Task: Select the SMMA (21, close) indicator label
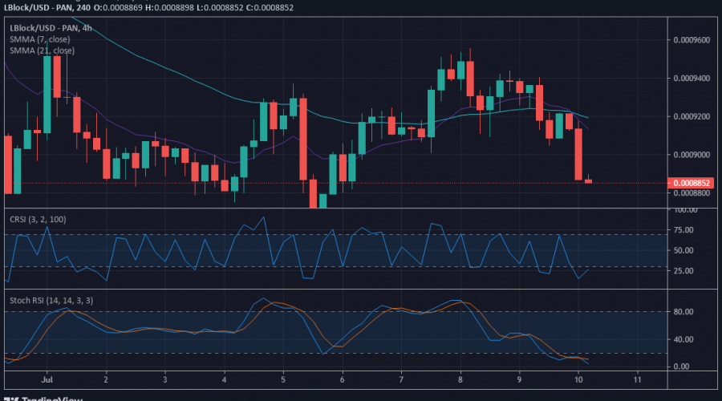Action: tap(41, 50)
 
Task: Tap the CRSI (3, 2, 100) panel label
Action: tap(38, 219)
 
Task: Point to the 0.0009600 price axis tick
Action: tap(691, 39)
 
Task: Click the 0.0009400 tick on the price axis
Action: tap(691, 78)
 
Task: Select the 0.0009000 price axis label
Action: tap(691, 155)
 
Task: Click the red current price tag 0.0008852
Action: tap(691, 183)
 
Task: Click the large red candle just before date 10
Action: tap(578, 154)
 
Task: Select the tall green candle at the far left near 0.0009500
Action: tap(47, 92)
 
